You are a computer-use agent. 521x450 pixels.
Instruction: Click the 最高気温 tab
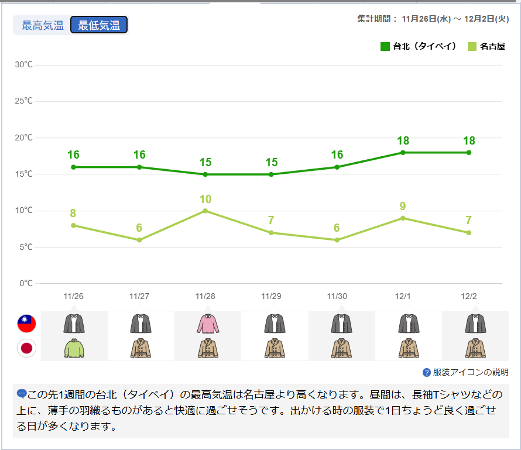[42, 25]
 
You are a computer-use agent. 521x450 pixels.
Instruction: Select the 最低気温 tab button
[99, 25]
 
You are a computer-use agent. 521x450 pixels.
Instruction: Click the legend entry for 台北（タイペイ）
[419, 46]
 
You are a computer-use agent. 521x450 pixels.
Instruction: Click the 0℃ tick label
[26, 283]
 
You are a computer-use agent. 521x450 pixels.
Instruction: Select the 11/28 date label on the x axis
[205, 296]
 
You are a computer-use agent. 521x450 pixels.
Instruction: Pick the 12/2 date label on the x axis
[469, 296]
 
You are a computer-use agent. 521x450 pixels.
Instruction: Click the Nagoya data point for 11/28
[205, 211]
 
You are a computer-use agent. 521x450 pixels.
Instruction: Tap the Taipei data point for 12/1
[403, 152]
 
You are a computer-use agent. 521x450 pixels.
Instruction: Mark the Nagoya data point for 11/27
[139, 240]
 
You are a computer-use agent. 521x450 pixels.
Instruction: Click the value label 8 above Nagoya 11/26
[74, 214]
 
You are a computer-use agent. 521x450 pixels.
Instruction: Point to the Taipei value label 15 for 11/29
[271, 162]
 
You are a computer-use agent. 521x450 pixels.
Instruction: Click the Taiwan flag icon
[26, 324]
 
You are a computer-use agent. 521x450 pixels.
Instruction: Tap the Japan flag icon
[26, 348]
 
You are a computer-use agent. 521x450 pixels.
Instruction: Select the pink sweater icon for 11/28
[207, 324]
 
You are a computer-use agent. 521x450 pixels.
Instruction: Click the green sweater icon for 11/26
[74, 348]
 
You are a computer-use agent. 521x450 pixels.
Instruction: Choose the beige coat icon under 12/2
[475, 348]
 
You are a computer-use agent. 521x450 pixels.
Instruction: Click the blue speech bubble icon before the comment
[22, 394]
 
